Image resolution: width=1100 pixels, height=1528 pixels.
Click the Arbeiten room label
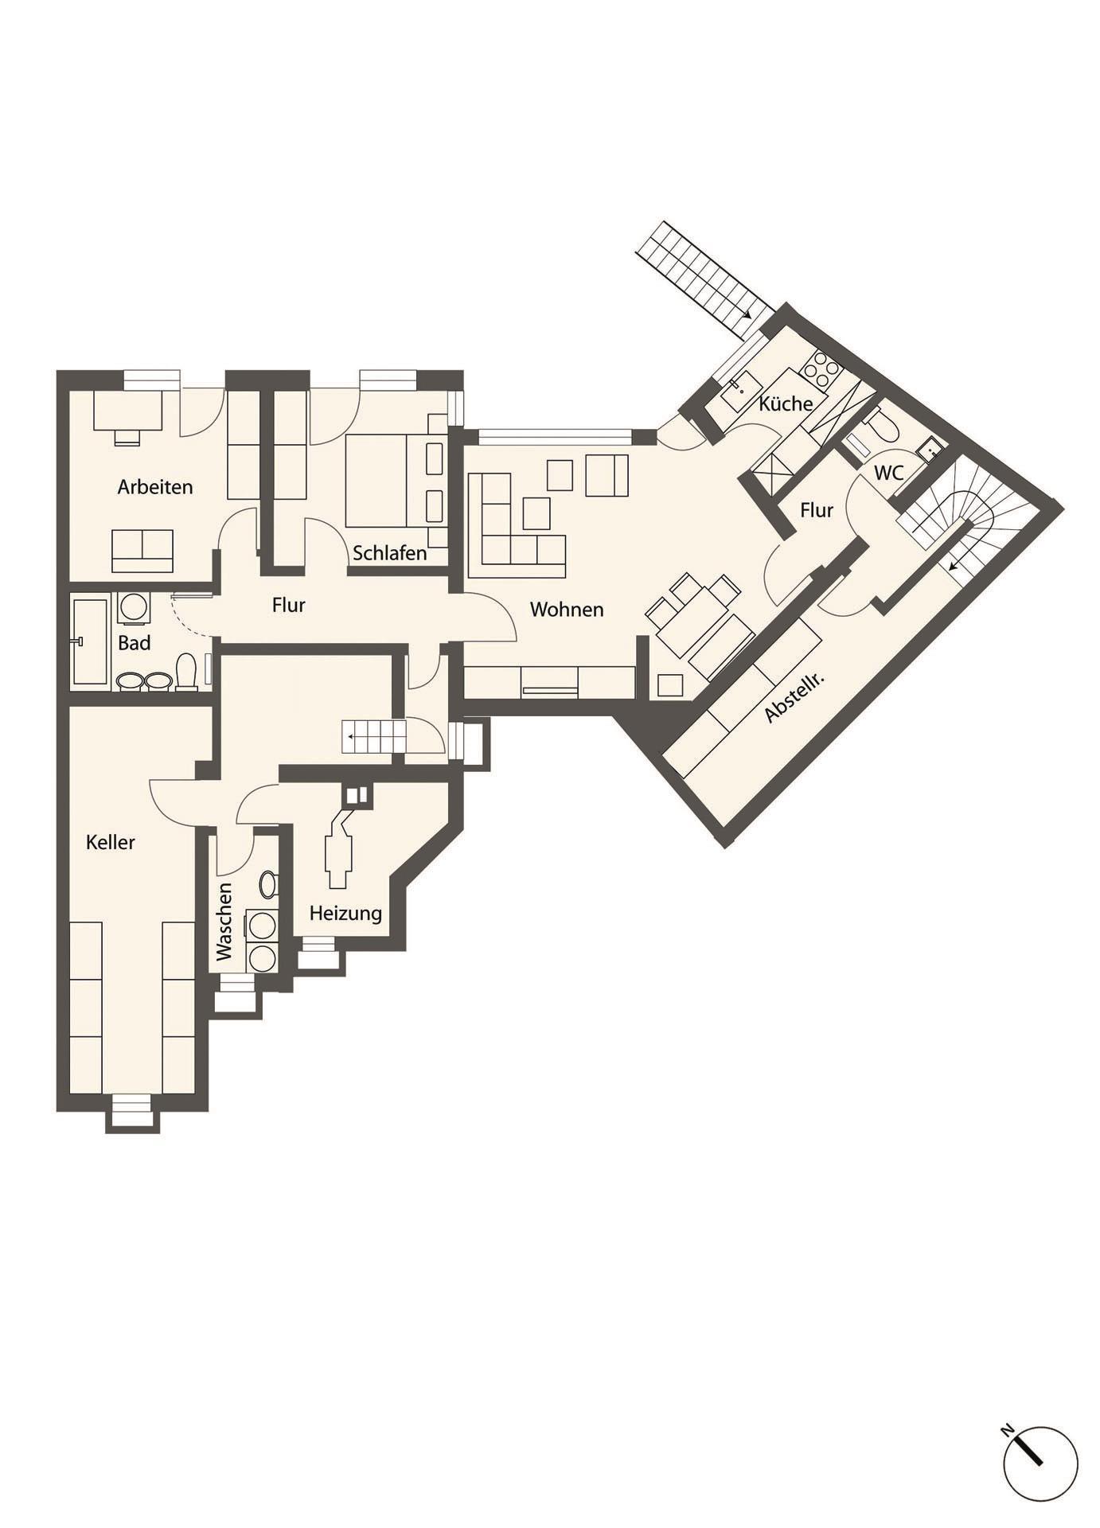(x=155, y=486)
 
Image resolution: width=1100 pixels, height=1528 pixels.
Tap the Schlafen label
(x=390, y=552)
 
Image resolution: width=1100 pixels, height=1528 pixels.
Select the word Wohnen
(x=567, y=610)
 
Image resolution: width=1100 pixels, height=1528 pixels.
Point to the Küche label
(x=786, y=403)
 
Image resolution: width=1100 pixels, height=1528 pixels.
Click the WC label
(x=889, y=473)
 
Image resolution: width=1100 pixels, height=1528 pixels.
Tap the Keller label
(x=111, y=842)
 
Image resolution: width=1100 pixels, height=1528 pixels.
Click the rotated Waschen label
(x=224, y=921)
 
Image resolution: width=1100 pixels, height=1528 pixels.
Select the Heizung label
(x=345, y=914)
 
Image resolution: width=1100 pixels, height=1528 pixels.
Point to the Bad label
(x=135, y=643)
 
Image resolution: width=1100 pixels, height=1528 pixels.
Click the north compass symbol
(x=1040, y=1463)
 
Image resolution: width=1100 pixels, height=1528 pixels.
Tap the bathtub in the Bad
(x=90, y=641)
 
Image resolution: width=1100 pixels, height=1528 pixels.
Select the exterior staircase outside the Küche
(x=704, y=273)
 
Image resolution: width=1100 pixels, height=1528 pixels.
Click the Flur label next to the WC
(x=817, y=510)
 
